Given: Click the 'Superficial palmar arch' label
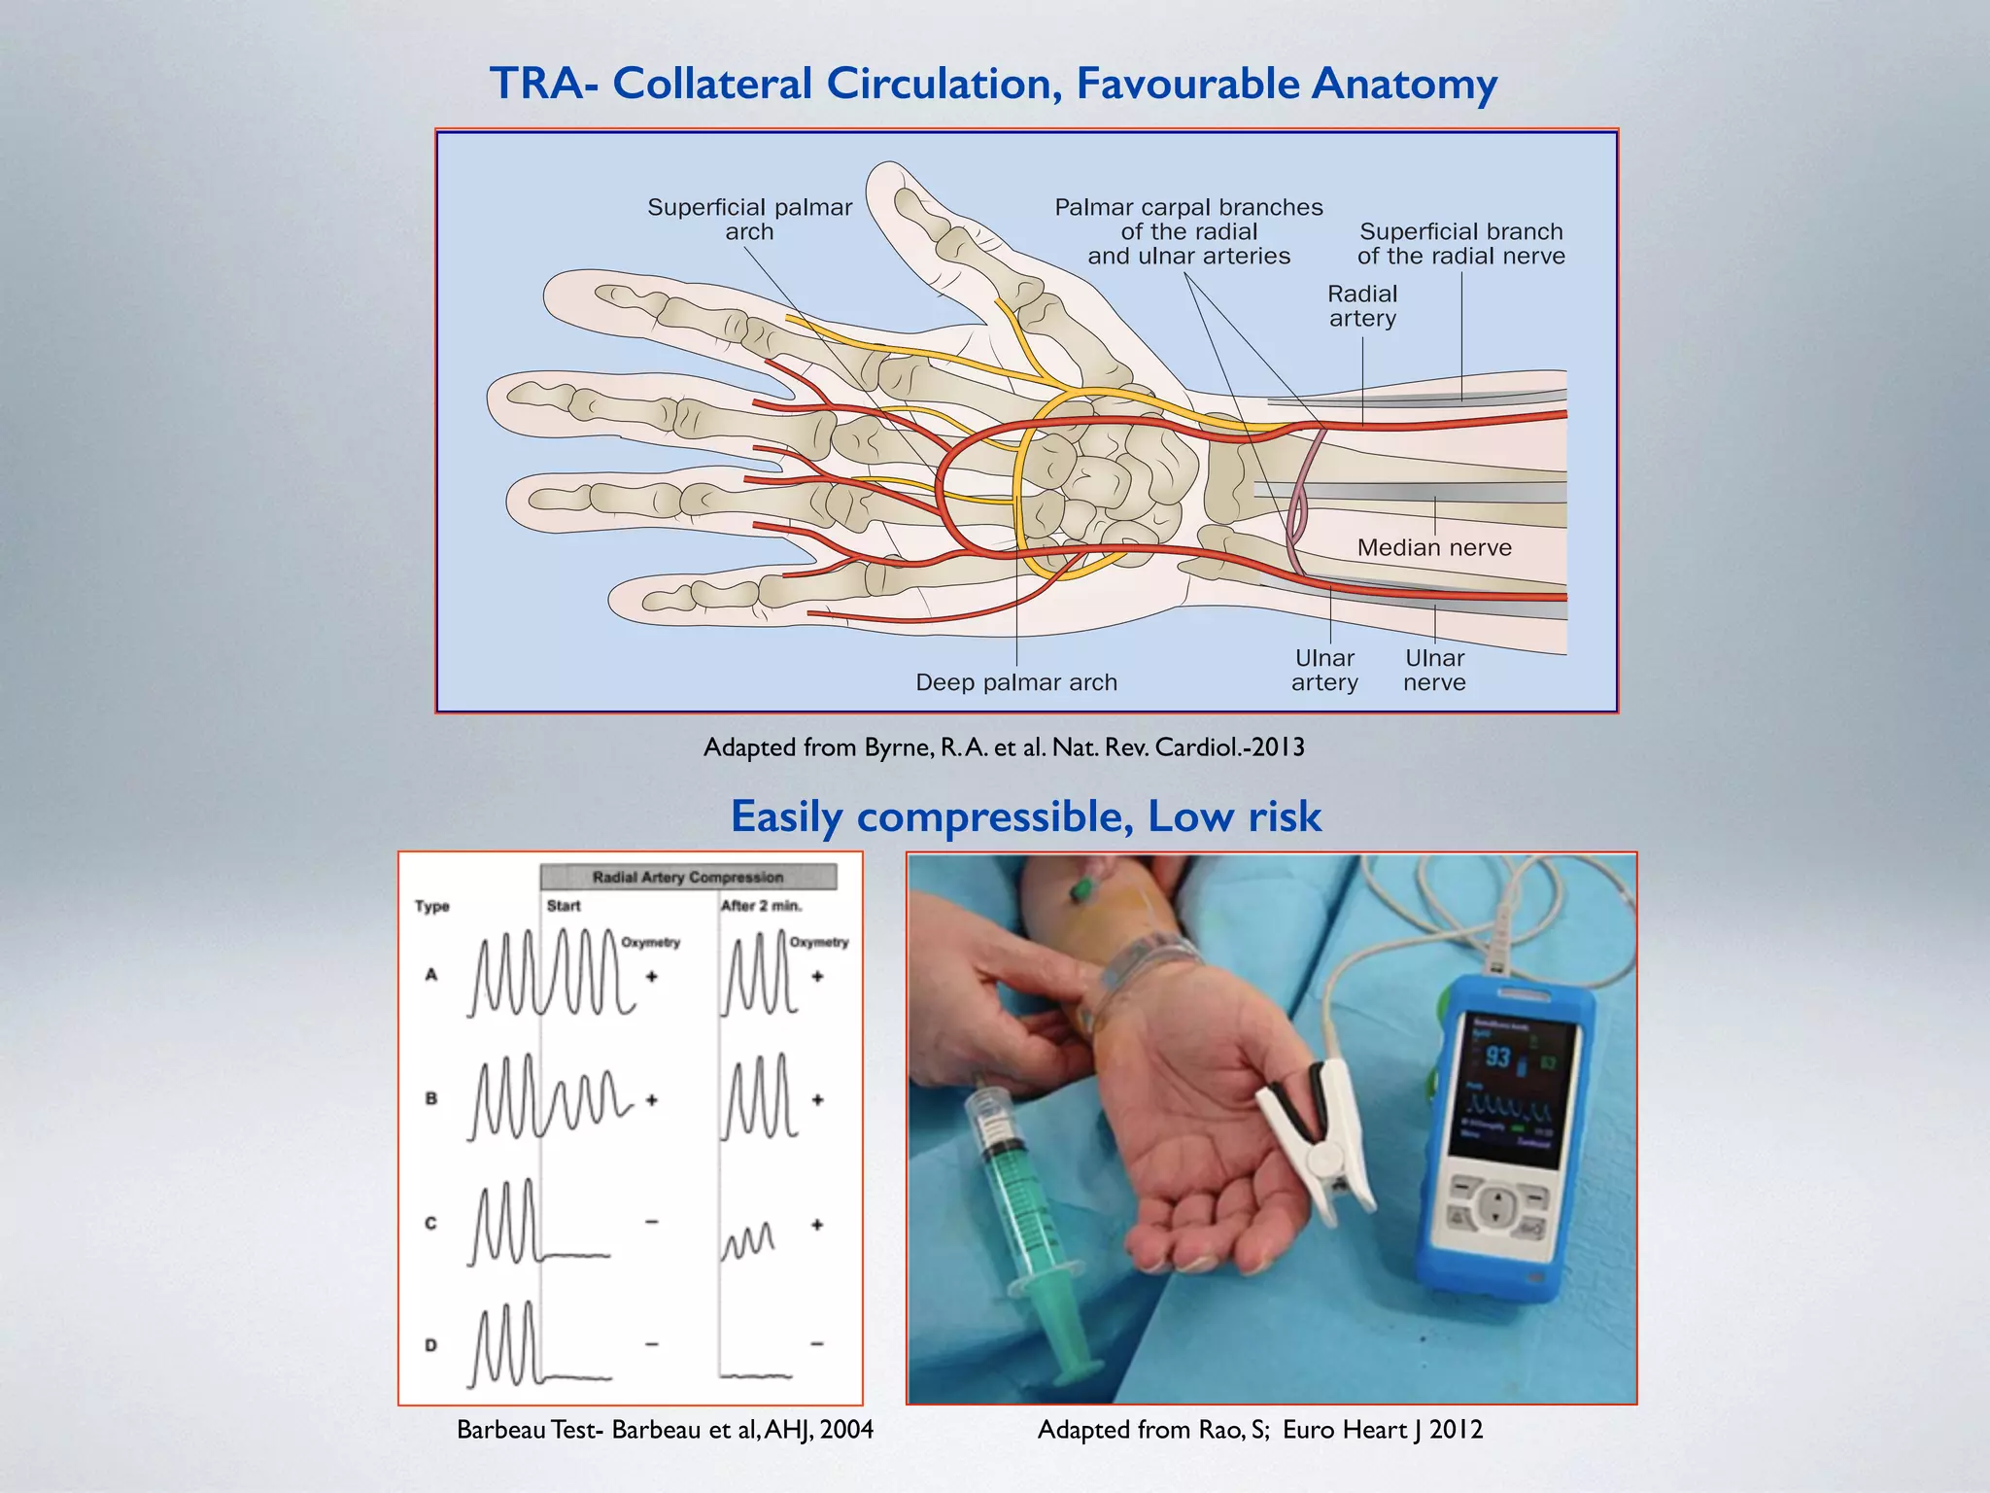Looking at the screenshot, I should tap(749, 220).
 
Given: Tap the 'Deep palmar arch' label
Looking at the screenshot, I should tap(1016, 682).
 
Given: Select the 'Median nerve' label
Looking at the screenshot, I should tap(1434, 547).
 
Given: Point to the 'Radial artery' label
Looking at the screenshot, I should tap(1362, 306).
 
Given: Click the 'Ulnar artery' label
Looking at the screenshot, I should tap(1324, 671).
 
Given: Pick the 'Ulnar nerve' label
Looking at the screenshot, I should tap(1434, 671).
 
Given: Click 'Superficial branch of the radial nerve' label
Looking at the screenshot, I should tap(1461, 244).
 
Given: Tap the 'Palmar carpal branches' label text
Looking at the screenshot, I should tap(1188, 231).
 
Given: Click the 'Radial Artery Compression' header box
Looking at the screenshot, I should tap(688, 878).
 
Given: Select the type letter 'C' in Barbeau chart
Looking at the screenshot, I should tap(431, 1224).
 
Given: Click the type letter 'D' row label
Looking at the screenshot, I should tap(431, 1345).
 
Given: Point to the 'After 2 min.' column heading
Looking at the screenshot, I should tap(761, 906).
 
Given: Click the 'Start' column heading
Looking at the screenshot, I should tap(564, 906).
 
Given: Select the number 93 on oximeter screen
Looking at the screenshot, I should tap(1497, 1058).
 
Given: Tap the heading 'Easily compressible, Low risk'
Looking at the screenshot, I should tap(1026, 816).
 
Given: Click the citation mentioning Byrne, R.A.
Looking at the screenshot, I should tap(1004, 747).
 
